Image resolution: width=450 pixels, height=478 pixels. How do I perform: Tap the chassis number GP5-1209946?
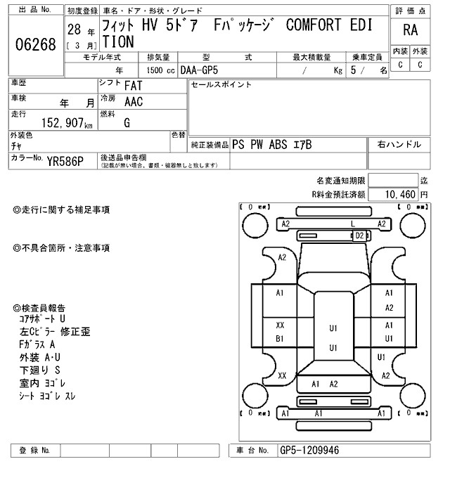[310, 450]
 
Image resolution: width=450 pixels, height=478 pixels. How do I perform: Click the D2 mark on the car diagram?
[360, 235]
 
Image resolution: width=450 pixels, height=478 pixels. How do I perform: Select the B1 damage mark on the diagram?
[280, 339]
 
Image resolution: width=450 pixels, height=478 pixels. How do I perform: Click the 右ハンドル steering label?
[399, 144]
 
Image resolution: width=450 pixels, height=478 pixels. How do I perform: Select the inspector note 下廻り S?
[39, 369]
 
